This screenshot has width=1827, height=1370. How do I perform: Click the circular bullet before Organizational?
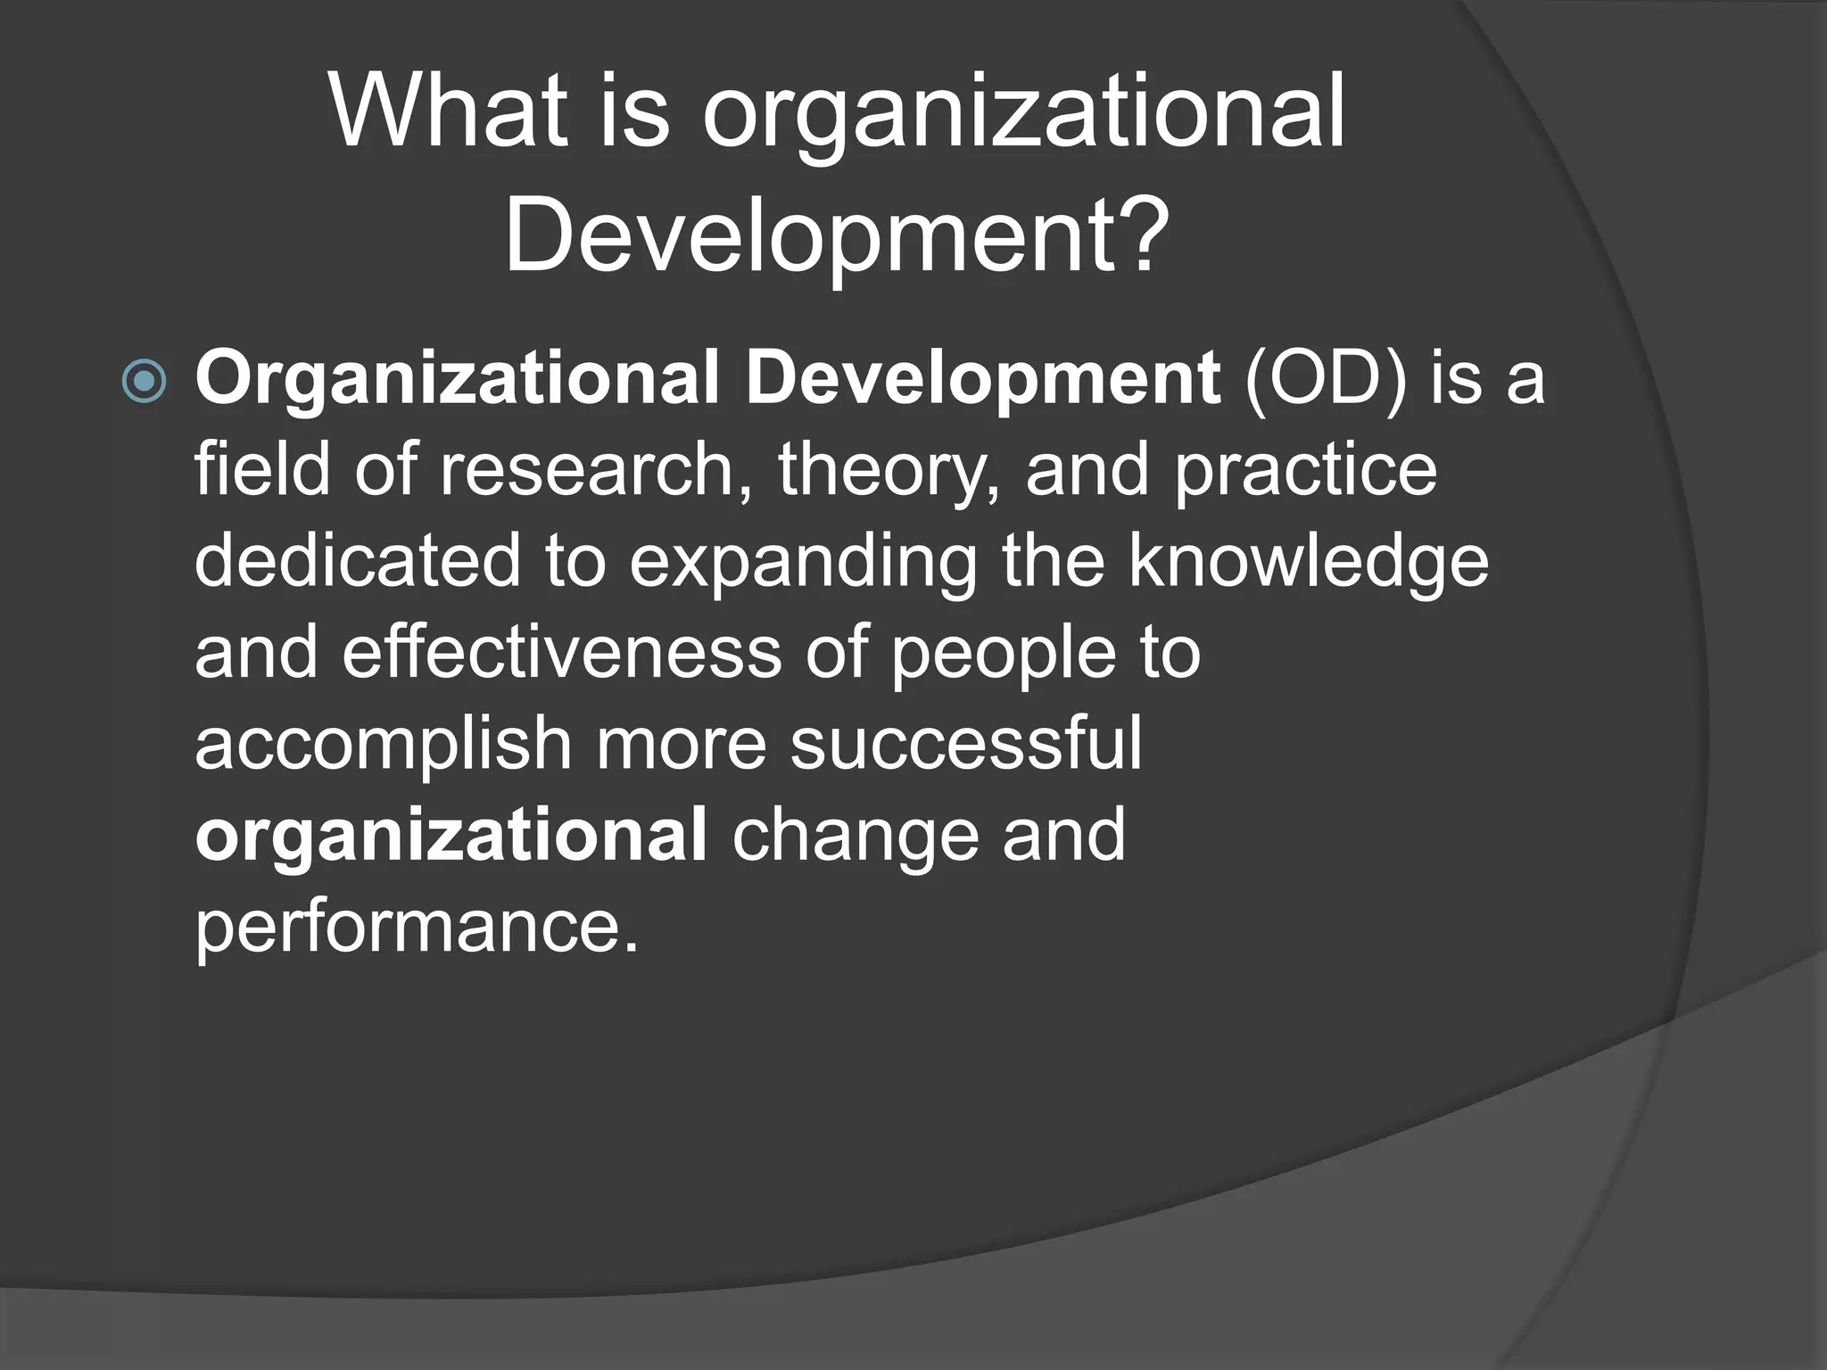point(144,382)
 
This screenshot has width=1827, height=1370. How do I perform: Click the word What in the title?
point(449,112)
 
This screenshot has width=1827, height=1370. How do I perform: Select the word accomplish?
point(384,746)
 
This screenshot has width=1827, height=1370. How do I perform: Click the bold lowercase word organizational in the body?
point(451,837)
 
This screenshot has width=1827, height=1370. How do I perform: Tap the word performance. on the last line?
point(417,928)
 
